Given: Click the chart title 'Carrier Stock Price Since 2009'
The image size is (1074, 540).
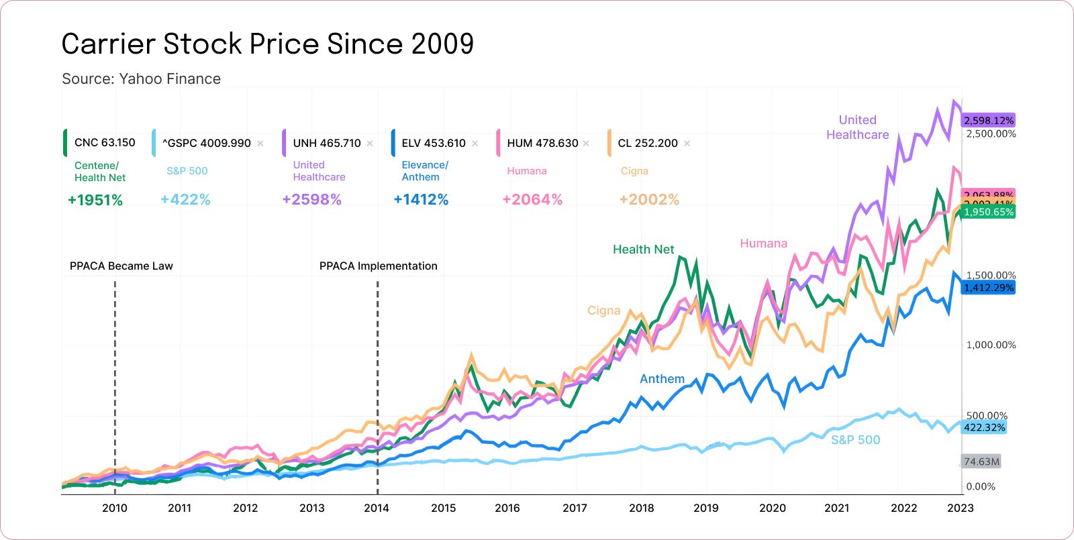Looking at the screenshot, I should point(267,44).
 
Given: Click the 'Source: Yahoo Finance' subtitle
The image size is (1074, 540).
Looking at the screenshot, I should point(141,79).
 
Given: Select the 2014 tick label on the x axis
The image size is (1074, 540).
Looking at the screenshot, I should point(376,508).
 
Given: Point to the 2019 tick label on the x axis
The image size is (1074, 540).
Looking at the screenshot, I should point(705,508).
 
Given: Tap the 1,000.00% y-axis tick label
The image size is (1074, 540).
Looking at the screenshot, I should point(991,345).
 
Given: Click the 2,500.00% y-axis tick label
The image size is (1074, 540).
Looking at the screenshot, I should point(991,134).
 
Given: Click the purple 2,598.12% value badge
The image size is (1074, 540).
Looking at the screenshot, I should point(988,121).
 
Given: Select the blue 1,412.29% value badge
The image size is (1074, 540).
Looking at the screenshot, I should point(988,288).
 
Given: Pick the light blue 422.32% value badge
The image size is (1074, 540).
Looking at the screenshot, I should point(984,427).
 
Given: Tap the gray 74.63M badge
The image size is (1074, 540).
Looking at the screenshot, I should point(981,462).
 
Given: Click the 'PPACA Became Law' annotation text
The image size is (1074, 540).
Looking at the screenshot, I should point(121,266).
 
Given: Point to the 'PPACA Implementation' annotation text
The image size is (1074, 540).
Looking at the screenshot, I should point(378,266).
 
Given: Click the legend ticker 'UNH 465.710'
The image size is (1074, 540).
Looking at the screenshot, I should point(326,143).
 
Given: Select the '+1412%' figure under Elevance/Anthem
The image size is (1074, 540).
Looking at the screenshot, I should point(421,200).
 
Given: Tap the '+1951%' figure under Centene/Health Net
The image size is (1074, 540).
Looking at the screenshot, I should point(95,200).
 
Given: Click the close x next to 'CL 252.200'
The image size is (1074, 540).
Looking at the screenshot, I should point(687,144).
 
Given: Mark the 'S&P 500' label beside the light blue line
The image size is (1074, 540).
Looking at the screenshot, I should point(855,440).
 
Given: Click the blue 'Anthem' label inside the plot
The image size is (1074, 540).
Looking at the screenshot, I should point(662,379).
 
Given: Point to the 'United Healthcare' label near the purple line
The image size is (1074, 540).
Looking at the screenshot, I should point(857,127).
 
